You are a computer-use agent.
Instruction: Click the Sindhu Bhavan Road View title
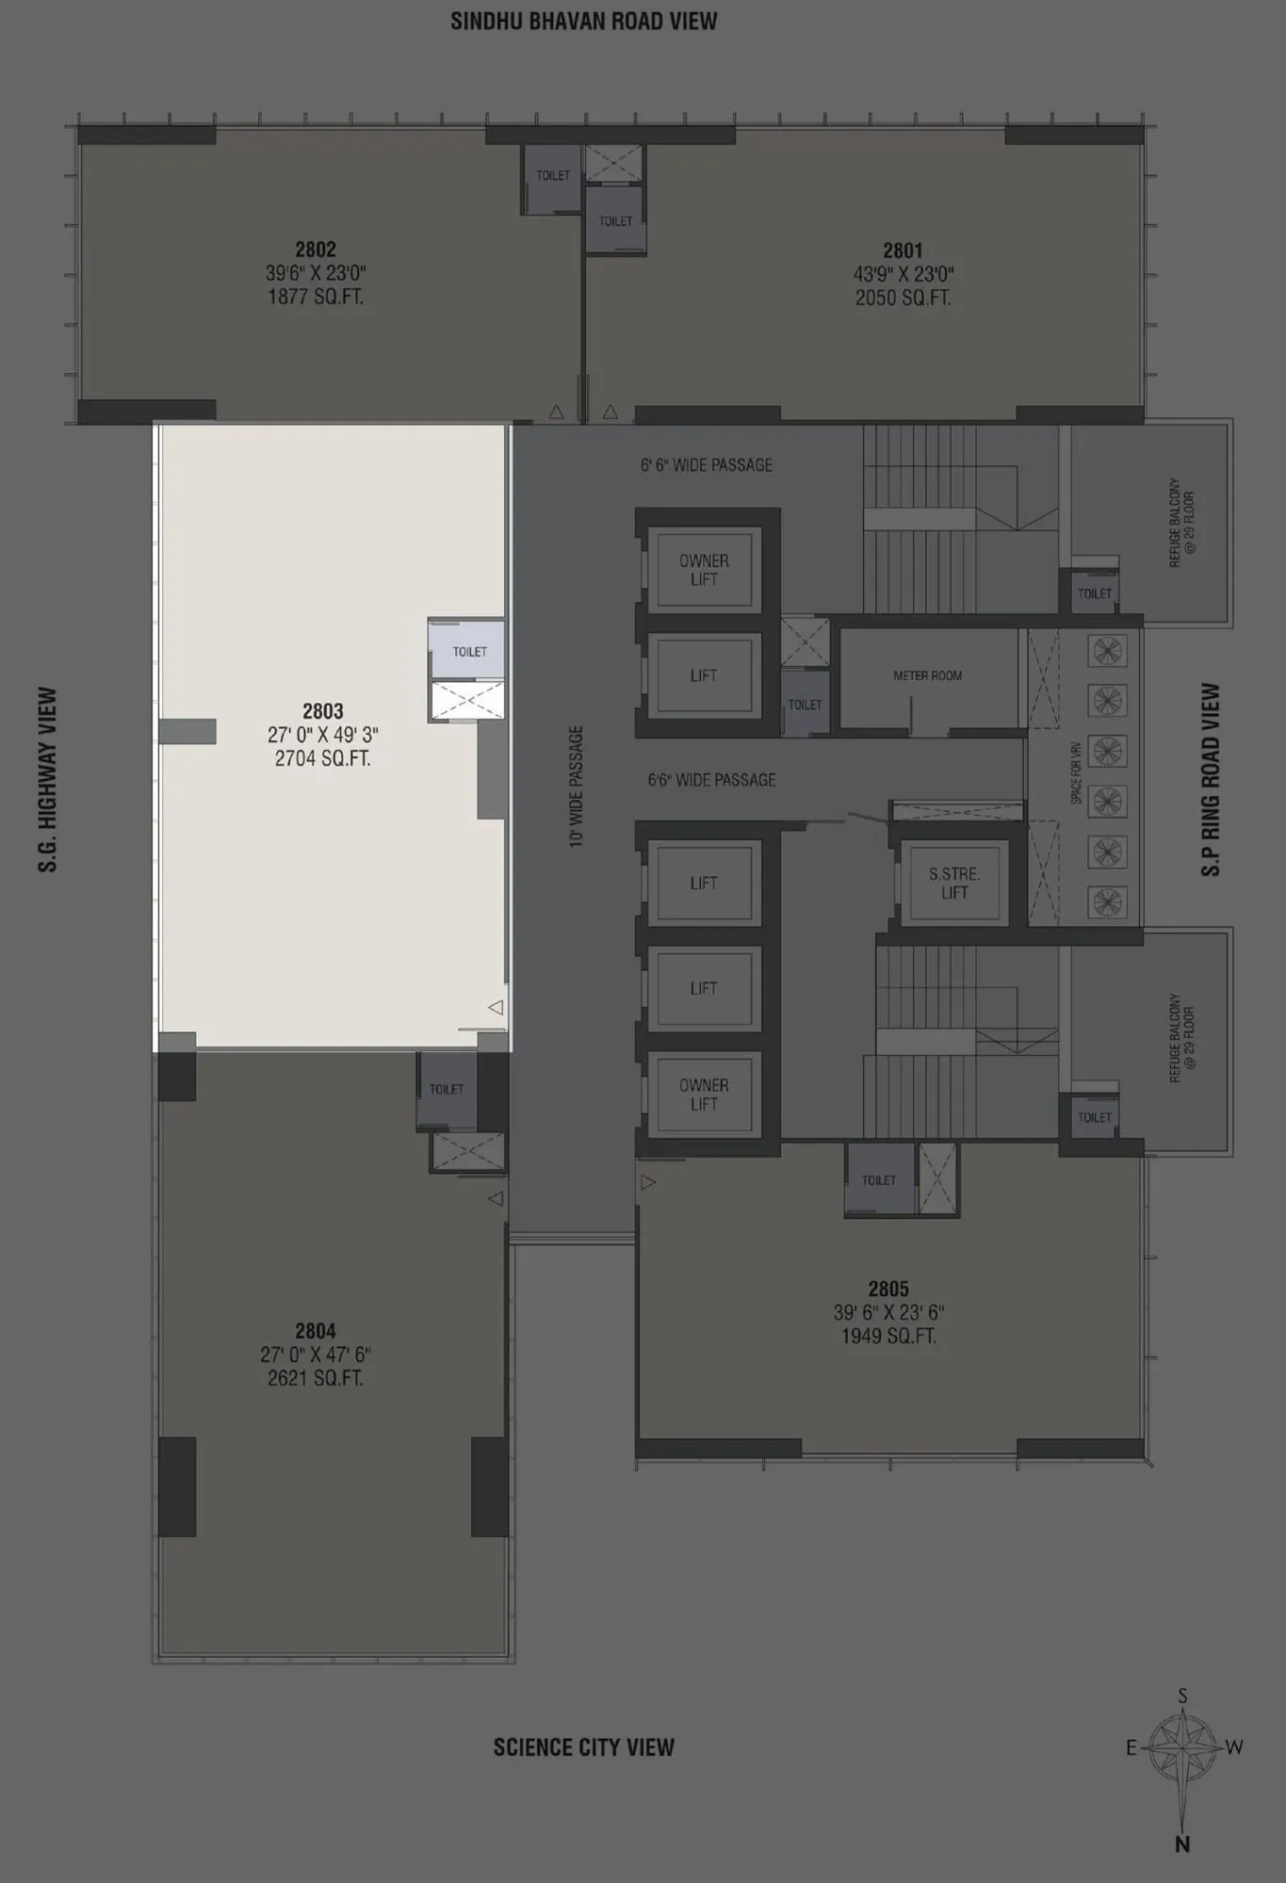tap(583, 22)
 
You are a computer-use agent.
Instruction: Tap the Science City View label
tap(583, 1747)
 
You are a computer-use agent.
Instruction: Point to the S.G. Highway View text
tap(47, 779)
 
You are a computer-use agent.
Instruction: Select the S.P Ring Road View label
tap(1211, 779)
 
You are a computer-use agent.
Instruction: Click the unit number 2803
tap(322, 711)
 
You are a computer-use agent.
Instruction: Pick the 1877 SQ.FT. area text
tap(315, 297)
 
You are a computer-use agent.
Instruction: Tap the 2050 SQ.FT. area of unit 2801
tap(903, 298)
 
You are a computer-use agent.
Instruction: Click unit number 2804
tap(315, 1331)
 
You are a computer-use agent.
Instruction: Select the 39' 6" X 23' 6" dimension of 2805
tap(888, 1312)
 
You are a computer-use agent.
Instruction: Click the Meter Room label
tap(927, 675)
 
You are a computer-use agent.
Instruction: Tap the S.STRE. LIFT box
tap(954, 883)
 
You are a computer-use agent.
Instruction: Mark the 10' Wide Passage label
tap(576, 787)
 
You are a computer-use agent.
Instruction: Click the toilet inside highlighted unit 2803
tap(469, 652)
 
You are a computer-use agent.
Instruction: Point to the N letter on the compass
tap(1182, 1844)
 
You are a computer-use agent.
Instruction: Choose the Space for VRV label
tap(1076, 772)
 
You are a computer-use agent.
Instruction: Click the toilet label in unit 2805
tap(878, 1180)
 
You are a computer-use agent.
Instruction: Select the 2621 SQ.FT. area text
tap(315, 1378)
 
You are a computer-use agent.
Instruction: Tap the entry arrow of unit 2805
tap(647, 1182)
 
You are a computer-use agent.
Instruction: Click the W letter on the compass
tap(1234, 1747)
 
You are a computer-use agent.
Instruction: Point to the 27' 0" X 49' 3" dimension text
tap(322, 735)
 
